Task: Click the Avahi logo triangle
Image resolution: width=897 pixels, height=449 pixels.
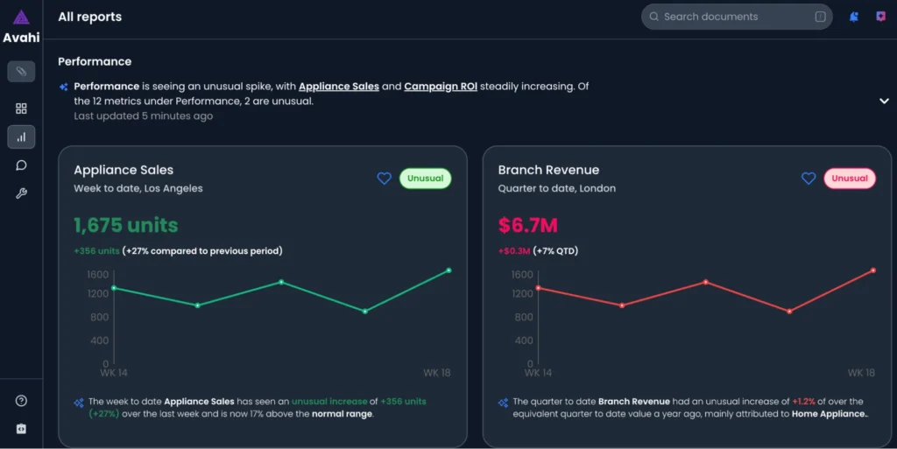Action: (21, 18)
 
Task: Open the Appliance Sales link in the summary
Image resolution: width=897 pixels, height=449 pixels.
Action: (339, 87)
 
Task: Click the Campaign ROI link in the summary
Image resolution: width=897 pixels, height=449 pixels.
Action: (440, 87)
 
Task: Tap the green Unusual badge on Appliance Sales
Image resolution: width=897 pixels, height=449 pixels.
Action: (425, 179)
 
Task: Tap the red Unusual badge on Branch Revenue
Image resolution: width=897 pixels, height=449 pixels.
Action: (849, 179)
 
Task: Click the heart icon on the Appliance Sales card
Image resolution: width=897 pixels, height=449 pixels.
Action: (384, 179)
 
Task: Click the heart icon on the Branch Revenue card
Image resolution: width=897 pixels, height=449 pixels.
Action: (809, 179)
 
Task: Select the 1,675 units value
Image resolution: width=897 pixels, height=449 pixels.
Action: (125, 225)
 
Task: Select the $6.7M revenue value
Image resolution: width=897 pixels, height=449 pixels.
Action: (527, 225)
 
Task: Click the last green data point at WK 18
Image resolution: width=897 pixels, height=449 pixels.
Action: (448, 270)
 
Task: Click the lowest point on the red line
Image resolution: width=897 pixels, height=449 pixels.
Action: (789, 312)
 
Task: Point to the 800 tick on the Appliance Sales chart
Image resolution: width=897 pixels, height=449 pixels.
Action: (97, 317)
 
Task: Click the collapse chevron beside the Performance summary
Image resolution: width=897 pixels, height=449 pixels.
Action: (884, 101)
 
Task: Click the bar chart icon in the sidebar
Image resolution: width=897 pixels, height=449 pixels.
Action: (21, 137)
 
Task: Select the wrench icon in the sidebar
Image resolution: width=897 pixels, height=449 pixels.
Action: (21, 193)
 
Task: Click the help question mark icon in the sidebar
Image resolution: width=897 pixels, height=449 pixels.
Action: (21, 401)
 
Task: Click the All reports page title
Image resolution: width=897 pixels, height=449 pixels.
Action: (89, 17)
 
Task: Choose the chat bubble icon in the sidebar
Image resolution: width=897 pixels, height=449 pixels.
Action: (21, 165)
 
